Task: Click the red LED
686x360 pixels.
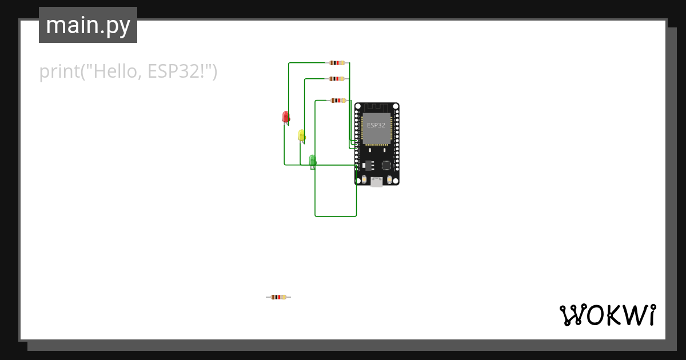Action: pyautogui.click(x=286, y=117)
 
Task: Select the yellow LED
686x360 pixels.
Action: pyautogui.click(x=301, y=135)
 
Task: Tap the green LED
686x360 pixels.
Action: pyautogui.click(x=312, y=160)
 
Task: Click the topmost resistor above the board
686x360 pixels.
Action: pyautogui.click(x=337, y=63)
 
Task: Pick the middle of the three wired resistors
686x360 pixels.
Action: pyautogui.click(x=337, y=79)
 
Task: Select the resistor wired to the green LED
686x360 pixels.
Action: pyautogui.click(x=338, y=101)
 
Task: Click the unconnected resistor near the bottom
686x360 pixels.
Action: pyautogui.click(x=278, y=297)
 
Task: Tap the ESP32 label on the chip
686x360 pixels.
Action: pyautogui.click(x=376, y=125)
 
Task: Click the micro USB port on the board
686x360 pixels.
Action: pyautogui.click(x=377, y=182)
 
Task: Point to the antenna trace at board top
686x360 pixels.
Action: pyautogui.click(x=376, y=107)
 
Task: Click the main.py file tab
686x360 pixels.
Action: pyautogui.click(x=88, y=25)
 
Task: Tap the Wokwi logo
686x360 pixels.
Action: pyautogui.click(x=607, y=315)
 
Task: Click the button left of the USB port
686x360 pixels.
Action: pyautogui.click(x=364, y=180)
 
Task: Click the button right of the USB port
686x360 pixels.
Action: pyautogui.click(x=390, y=180)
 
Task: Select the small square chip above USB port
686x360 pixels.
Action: pyautogui.click(x=386, y=165)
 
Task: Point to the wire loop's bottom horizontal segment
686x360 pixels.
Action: pyautogui.click(x=336, y=216)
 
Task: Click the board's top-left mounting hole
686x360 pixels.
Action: pyautogui.click(x=358, y=107)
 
